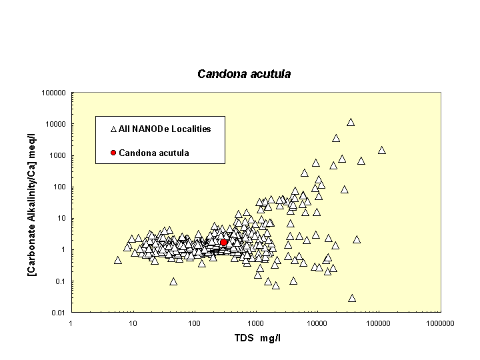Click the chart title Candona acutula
click(x=244, y=74)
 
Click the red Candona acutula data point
click(x=224, y=243)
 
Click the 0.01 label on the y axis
click(x=58, y=313)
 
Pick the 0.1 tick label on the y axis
click(x=60, y=281)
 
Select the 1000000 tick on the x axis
click(x=441, y=323)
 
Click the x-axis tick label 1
click(x=71, y=323)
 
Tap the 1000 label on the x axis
click(x=255, y=323)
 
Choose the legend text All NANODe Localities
click(x=165, y=129)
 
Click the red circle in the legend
click(x=113, y=153)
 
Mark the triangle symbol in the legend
click(x=113, y=129)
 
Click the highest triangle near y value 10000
click(x=351, y=122)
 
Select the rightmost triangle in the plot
click(x=382, y=150)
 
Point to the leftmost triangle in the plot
click(x=118, y=260)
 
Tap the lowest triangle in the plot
click(x=352, y=298)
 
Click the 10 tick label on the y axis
click(x=61, y=219)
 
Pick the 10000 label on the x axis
click(x=317, y=323)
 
